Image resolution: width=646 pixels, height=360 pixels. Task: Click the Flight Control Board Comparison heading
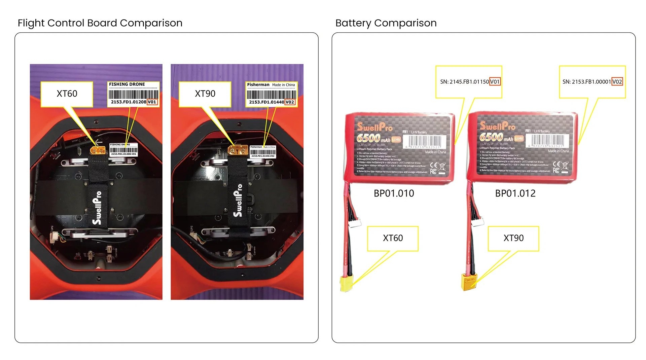pyautogui.click(x=100, y=23)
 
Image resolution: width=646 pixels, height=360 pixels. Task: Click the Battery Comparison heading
pyautogui.click(x=386, y=23)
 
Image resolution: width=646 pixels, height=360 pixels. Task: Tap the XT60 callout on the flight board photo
pyautogui.click(x=67, y=94)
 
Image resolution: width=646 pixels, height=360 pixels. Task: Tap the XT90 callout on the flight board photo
pyautogui.click(x=205, y=94)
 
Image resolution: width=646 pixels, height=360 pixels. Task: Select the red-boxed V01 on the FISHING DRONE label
pyautogui.click(x=152, y=102)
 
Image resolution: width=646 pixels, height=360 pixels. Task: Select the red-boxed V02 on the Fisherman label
pyautogui.click(x=290, y=102)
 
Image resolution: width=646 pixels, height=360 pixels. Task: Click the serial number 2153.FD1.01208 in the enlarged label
pyautogui.click(x=129, y=102)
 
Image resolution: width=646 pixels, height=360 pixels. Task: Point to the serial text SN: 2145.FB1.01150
pyautogui.click(x=464, y=82)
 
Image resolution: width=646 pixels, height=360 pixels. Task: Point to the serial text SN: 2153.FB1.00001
pyautogui.click(x=586, y=82)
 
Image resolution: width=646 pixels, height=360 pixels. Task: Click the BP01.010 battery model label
pyautogui.click(x=394, y=193)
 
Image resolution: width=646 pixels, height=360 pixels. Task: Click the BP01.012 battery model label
pyautogui.click(x=515, y=193)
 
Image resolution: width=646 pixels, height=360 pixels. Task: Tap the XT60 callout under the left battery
pyautogui.click(x=393, y=238)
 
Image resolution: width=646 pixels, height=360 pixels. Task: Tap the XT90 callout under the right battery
pyautogui.click(x=513, y=238)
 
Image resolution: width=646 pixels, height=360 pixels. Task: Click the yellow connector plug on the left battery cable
pyautogui.click(x=346, y=283)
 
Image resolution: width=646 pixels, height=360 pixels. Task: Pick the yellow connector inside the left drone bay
pyautogui.click(x=98, y=150)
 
